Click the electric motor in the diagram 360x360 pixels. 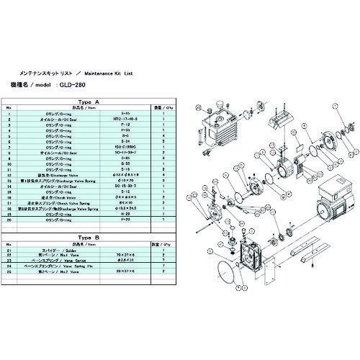[x=324, y=216]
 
